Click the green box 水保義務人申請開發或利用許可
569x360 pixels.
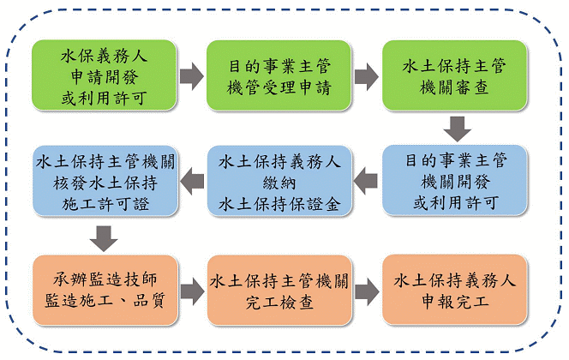[x=105, y=75]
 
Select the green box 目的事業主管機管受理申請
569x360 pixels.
[x=279, y=75]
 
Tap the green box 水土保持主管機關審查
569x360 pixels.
[x=454, y=75]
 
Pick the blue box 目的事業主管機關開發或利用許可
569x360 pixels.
[x=454, y=180]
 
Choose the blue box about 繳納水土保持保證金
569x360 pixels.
[x=279, y=181]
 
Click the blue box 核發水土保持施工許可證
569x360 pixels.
[x=105, y=181]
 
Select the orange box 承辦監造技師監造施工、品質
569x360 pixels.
[x=105, y=290]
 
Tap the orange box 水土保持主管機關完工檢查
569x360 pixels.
[x=279, y=290]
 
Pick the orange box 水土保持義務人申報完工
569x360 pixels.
[x=454, y=289]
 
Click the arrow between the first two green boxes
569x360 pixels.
[x=192, y=76]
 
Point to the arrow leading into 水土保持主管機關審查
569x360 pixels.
[x=367, y=76]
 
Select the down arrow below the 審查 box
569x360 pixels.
[x=458, y=129]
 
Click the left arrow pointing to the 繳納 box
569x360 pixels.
[x=365, y=181]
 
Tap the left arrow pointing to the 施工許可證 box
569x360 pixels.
[x=192, y=181]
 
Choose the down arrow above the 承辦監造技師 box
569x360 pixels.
[x=104, y=238]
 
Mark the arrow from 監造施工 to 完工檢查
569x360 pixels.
[x=192, y=291]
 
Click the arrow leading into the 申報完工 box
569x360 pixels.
[x=367, y=291]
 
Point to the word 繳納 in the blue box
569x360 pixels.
[x=279, y=183]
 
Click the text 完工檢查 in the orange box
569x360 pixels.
[x=279, y=303]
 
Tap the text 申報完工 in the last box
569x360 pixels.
[x=455, y=301]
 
